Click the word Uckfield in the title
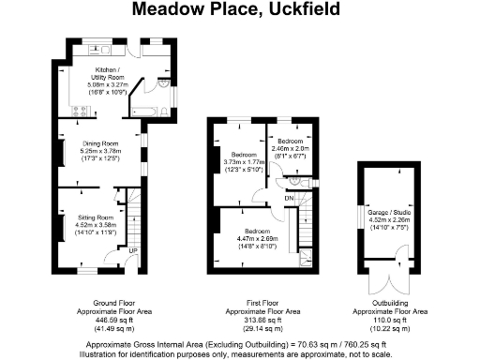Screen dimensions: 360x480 click(x=308, y=10)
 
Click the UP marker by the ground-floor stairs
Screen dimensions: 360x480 click(x=132, y=251)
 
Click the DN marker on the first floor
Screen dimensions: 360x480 click(x=290, y=198)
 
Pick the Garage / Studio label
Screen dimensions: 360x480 click(x=387, y=213)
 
